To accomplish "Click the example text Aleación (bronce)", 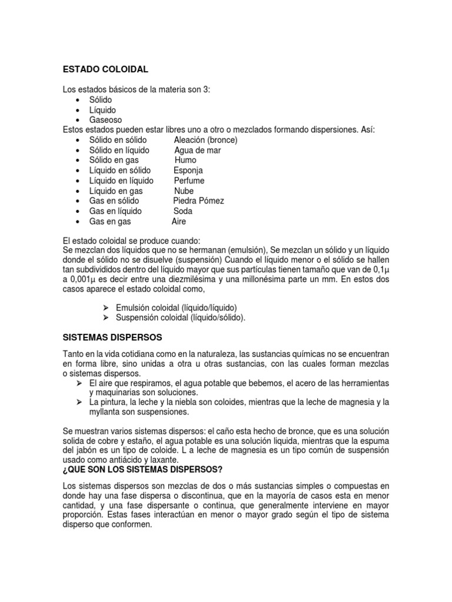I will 205,140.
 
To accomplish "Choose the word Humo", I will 185,160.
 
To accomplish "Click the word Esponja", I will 189,170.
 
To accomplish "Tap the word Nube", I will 184,191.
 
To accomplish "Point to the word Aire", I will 179,222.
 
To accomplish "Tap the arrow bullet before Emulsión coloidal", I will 106,307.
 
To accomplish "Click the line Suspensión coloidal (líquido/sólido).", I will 181,317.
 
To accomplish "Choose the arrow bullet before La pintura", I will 78,402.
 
